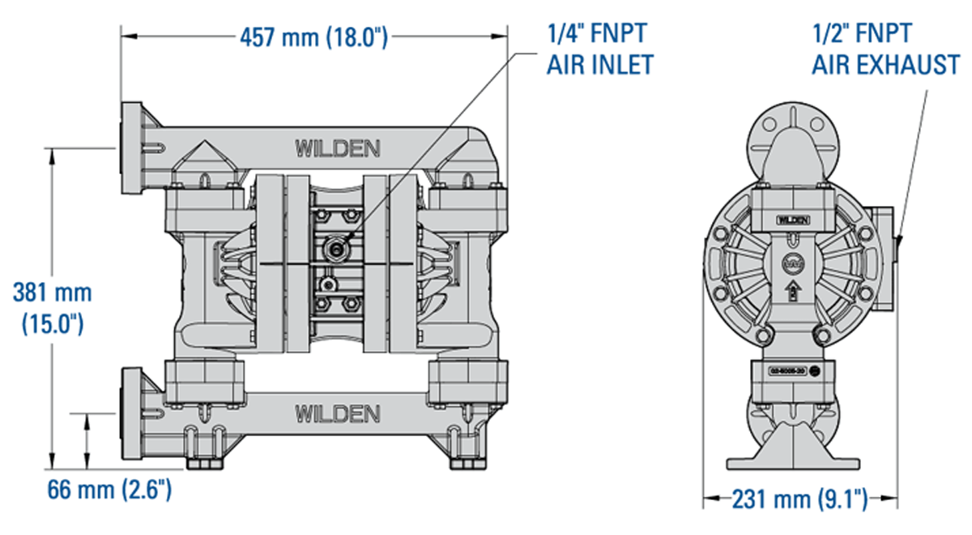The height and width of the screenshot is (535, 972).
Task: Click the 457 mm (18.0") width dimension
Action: (313, 36)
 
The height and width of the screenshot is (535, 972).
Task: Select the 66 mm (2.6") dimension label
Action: (109, 490)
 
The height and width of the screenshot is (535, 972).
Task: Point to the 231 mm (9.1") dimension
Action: (799, 498)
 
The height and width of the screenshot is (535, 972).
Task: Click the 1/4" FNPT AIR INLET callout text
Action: (599, 49)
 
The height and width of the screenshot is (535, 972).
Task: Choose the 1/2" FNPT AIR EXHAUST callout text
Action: (885, 49)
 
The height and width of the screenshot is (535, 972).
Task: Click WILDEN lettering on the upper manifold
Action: (337, 148)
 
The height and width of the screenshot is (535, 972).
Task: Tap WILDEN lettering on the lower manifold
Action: (337, 413)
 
